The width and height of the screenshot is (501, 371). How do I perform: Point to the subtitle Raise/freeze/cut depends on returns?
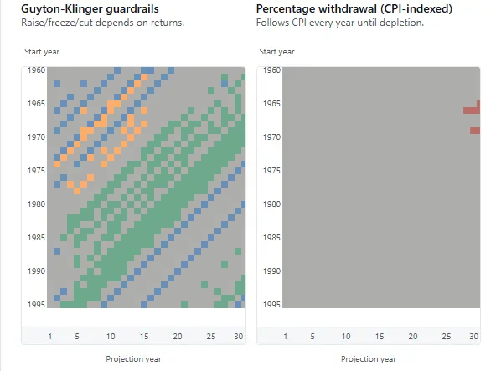(x=102, y=22)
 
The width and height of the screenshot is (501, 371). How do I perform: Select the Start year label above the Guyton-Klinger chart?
(x=42, y=52)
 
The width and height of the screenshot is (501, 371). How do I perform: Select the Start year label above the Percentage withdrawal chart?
(x=277, y=52)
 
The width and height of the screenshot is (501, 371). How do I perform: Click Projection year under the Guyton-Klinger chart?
(x=133, y=358)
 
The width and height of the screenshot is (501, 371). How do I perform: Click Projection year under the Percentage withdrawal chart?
(x=369, y=358)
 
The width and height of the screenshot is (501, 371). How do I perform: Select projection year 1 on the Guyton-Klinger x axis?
(x=50, y=337)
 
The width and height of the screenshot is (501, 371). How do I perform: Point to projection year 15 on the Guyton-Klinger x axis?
(x=144, y=337)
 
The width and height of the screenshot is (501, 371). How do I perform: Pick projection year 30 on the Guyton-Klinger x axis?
(x=239, y=337)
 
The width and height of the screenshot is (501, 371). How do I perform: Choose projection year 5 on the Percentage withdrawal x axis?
(x=312, y=337)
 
